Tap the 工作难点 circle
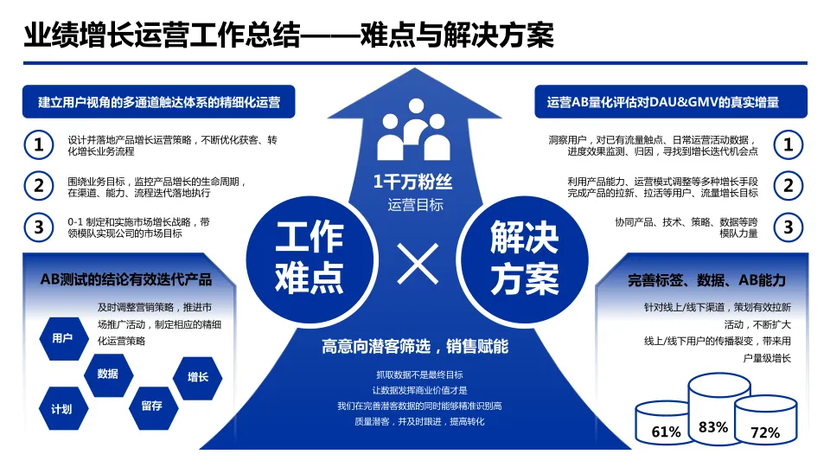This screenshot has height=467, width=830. pos(309,256)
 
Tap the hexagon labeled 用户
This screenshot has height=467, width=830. pos(62,338)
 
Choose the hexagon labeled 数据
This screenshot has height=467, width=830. pos(108,374)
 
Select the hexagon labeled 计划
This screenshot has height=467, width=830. pos(61,409)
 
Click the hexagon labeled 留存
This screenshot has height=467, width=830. pos(151,406)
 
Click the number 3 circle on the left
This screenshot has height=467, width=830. pos(38,227)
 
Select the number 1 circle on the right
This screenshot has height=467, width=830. pos(788,144)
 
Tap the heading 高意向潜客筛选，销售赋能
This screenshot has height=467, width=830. pos(415,347)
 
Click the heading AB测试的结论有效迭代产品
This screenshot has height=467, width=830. pos(125,279)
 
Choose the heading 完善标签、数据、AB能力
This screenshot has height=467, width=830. pos(706,280)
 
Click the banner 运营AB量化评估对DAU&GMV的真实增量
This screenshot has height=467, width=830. pos(663,102)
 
